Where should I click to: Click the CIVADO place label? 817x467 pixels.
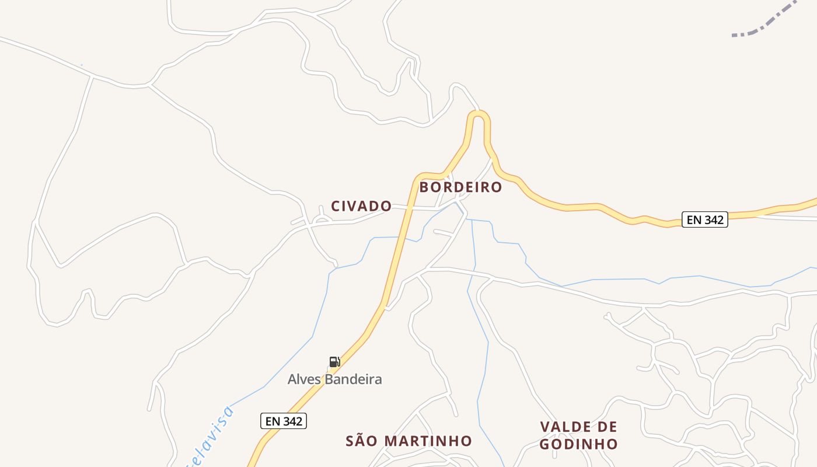pos(361,206)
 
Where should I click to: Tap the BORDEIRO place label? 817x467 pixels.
pos(460,187)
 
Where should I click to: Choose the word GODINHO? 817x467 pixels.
pos(578,444)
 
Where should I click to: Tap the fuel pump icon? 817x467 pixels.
pos(334,362)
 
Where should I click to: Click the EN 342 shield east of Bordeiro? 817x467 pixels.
pos(705,219)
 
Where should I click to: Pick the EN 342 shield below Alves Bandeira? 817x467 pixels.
pos(283,421)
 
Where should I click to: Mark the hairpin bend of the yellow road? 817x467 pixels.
pos(479,114)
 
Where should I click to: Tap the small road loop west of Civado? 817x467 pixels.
pos(321,219)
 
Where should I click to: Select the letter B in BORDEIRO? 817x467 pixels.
pos(424,187)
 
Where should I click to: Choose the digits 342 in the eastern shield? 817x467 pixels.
pos(713,219)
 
